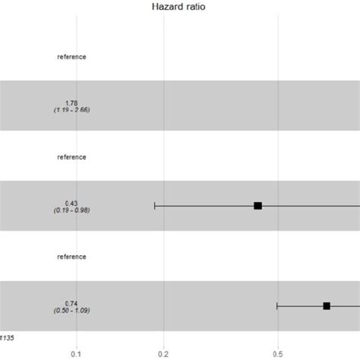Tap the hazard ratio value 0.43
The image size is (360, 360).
click(71, 202)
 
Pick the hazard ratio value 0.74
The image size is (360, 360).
click(71, 302)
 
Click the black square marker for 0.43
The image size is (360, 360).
click(258, 206)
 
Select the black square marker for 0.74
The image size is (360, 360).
click(327, 306)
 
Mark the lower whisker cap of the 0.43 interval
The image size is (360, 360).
click(155, 206)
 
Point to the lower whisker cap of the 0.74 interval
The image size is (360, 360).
click(277, 306)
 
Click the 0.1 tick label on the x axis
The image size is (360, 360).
click(76, 353)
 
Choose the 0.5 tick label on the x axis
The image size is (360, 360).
click(278, 353)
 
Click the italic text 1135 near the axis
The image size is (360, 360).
click(7, 335)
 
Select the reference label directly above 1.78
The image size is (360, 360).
click(71, 57)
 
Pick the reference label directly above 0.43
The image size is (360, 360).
click(71, 157)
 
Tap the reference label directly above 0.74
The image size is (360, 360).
click(71, 257)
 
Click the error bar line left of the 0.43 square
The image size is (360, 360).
click(205, 206)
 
